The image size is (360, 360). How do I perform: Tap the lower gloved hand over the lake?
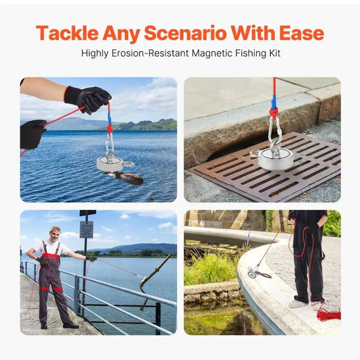(32, 134)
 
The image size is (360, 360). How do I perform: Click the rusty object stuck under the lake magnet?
(126, 178)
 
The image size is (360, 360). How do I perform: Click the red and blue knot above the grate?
(274, 108)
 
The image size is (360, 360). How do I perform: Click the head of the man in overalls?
(55, 233)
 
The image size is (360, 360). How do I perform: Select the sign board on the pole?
(86, 229)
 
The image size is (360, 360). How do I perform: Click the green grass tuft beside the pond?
(209, 269)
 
